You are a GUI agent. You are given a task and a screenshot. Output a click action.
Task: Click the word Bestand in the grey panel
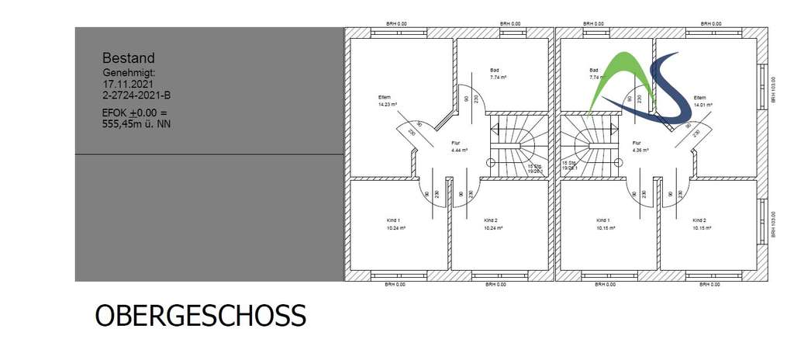point(129,57)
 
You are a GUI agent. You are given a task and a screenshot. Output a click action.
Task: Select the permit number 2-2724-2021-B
point(136,95)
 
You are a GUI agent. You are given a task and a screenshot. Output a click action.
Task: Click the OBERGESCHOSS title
point(200,316)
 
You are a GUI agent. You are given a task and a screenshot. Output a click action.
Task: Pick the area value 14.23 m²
point(388,104)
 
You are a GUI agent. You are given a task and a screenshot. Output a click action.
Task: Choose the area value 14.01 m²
point(703,104)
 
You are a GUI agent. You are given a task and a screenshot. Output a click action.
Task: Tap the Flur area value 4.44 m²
point(461,150)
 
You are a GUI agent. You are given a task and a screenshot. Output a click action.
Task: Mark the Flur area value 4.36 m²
point(641,150)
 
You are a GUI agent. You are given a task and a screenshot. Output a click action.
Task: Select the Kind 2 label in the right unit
point(702,220)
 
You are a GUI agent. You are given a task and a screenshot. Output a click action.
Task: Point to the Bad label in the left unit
point(494,70)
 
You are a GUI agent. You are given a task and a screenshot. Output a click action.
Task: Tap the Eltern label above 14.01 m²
point(699,97)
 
